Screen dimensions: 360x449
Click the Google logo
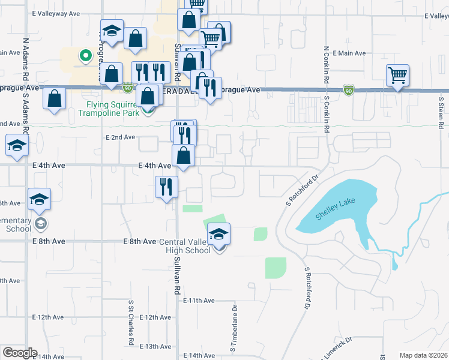(x=20, y=353)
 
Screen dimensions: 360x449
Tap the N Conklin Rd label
(x=325, y=65)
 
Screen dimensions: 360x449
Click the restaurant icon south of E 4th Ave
(x=166, y=186)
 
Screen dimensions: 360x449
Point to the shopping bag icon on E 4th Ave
(x=184, y=155)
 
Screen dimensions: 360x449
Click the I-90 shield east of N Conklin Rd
(x=348, y=89)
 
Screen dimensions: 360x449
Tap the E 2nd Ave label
(x=120, y=137)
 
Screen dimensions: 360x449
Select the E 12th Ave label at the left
(x=47, y=317)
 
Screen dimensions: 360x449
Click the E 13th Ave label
(x=155, y=347)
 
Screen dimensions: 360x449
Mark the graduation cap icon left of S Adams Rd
(x=17, y=145)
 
